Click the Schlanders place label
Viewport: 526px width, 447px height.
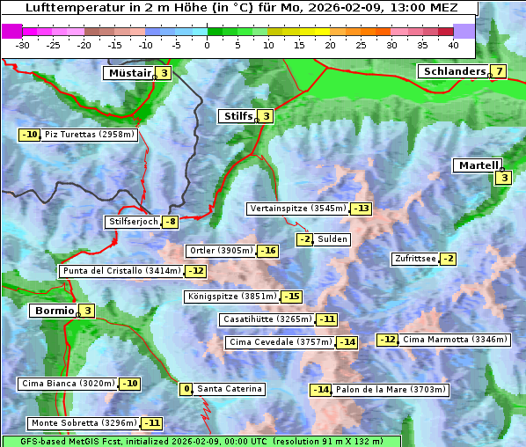(x=453, y=71)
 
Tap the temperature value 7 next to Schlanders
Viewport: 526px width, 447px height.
(x=499, y=72)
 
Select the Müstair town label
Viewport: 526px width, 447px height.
(x=129, y=73)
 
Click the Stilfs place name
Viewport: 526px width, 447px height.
(x=237, y=115)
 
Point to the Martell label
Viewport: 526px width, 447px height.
(x=478, y=165)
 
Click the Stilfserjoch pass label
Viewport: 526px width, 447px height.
(x=133, y=222)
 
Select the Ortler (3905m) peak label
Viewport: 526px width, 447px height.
(x=221, y=251)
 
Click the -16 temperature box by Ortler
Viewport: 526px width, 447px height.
(x=267, y=252)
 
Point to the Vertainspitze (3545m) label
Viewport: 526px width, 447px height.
(x=297, y=209)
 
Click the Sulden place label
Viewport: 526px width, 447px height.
(x=332, y=239)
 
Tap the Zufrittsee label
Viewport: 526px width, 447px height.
(x=414, y=259)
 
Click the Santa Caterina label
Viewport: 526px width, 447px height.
(x=229, y=389)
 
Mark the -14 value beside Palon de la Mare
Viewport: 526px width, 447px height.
(x=320, y=390)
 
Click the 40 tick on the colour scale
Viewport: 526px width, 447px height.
(x=453, y=44)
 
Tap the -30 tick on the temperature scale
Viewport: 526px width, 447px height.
(x=23, y=44)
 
